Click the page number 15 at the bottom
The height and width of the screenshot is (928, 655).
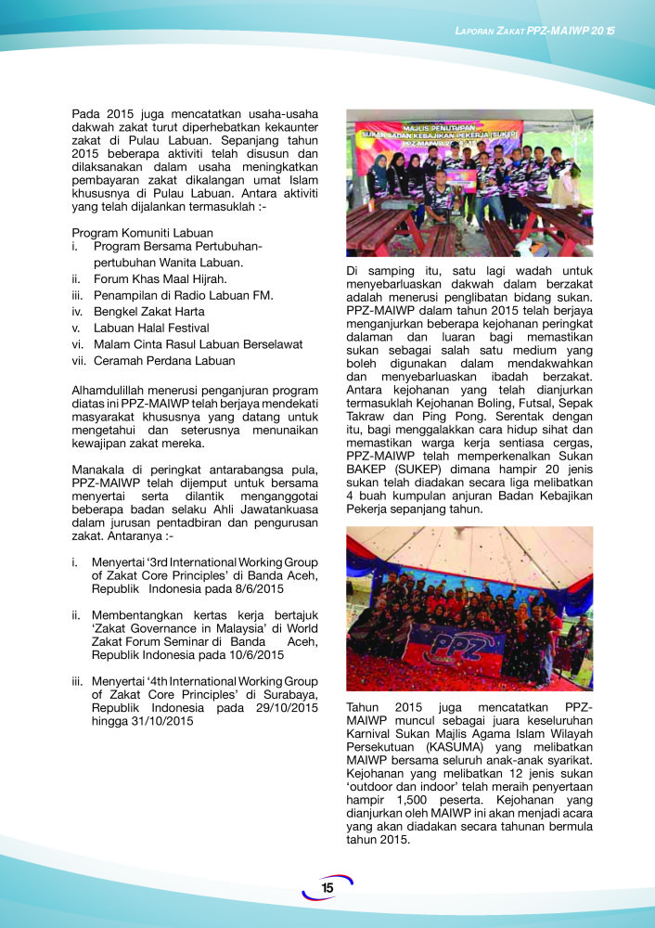[x=327, y=888]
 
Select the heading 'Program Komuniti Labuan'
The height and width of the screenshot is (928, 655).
[x=142, y=232]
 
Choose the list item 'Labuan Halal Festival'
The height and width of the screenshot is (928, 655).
[x=151, y=329]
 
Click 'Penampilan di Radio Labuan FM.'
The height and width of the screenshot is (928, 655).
[x=183, y=295]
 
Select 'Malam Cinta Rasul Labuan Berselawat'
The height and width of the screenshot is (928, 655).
[x=199, y=344]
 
